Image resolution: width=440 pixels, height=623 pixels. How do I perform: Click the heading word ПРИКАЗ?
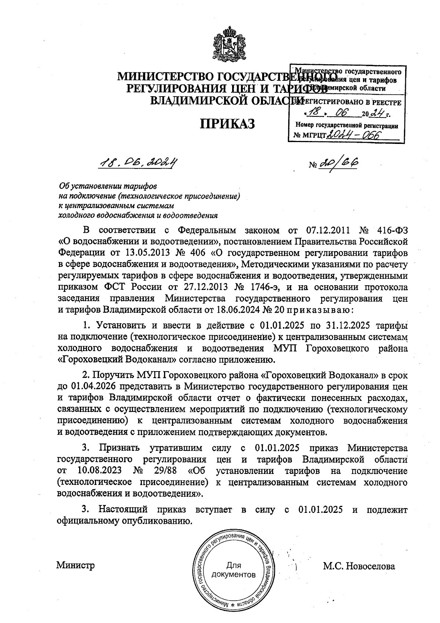(227, 124)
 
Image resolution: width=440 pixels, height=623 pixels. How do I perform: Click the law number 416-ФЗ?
(392, 230)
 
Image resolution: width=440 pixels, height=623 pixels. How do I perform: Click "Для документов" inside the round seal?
(234, 570)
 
